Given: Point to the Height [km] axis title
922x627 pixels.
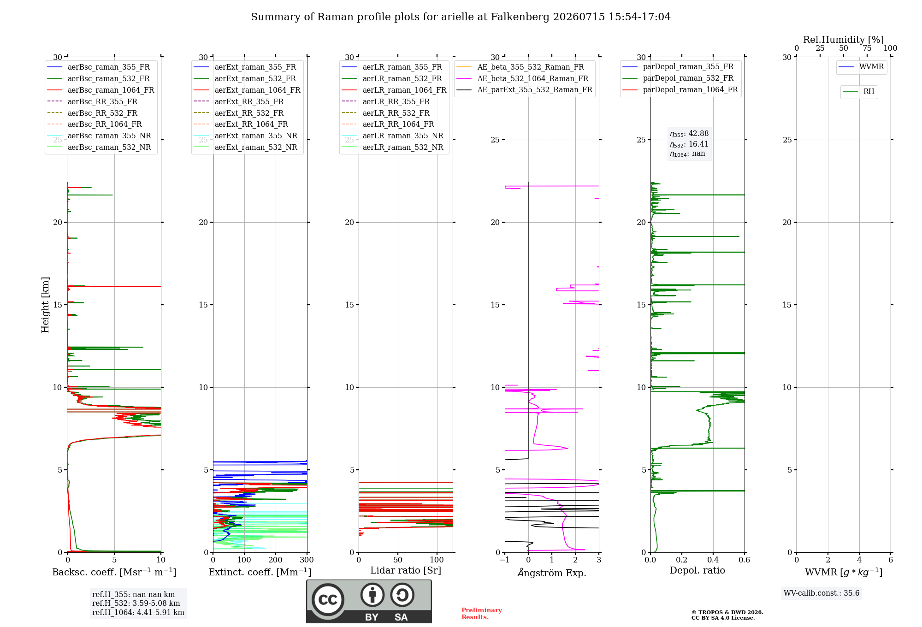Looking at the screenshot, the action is click(x=45, y=305).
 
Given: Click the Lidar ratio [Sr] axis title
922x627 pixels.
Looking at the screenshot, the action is click(x=406, y=570).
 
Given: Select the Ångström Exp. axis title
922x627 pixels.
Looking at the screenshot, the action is click(x=552, y=573).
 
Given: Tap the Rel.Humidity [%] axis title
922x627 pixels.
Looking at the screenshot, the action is click(x=844, y=40).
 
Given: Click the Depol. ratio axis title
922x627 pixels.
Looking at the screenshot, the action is click(x=697, y=570).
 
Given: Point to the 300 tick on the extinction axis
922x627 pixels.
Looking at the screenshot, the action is click(x=307, y=560).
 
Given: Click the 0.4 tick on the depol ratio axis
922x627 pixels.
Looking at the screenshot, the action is click(x=713, y=560).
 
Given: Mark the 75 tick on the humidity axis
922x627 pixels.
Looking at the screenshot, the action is click(x=867, y=48).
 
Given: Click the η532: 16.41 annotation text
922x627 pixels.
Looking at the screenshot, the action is click(x=689, y=144).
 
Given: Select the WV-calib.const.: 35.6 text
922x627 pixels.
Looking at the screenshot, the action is click(x=822, y=593).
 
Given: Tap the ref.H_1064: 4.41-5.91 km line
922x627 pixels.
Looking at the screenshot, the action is click(x=138, y=613).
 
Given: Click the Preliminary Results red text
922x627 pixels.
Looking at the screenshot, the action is click(x=482, y=614).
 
